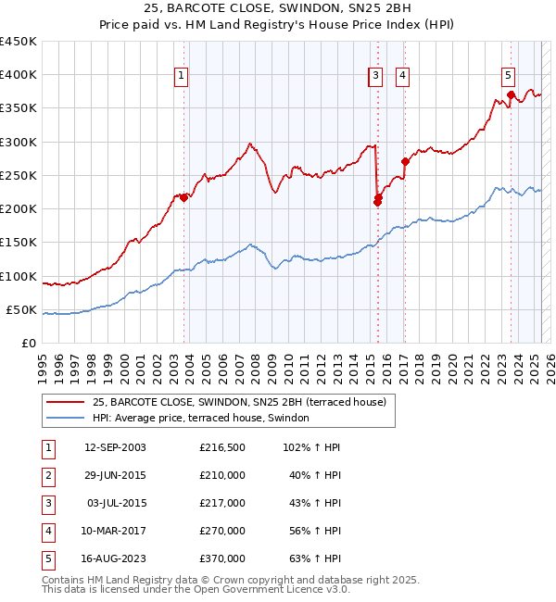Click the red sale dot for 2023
[511, 94]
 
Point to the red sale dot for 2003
[183, 197]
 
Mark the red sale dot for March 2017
[405, 161]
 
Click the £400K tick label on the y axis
[19, 75]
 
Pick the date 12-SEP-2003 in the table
[115, 447]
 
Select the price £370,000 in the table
[222, 558]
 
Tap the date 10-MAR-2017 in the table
[115, 531]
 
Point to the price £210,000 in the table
[222, 475]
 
